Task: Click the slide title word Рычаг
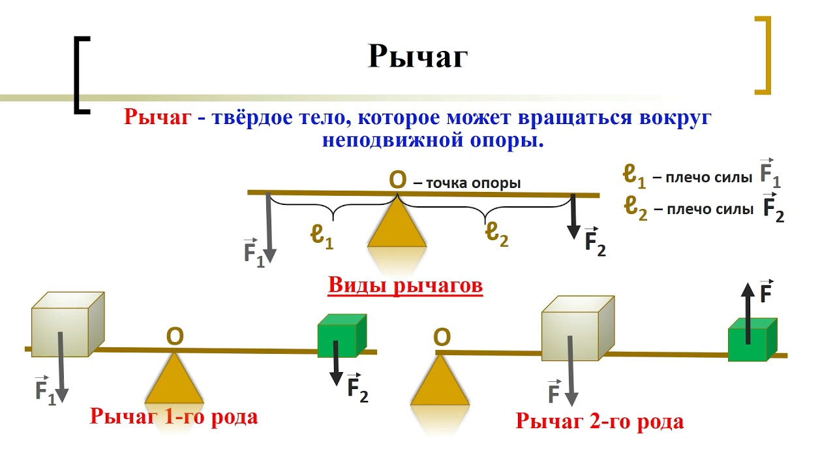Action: (417, 56)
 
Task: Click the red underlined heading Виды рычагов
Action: (405, 286)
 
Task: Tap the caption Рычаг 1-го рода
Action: (174, 416)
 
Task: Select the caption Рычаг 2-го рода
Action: (600, 421)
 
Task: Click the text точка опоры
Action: (473, 183)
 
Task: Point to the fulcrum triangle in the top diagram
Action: (397, 226)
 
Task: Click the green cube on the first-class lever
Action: (341, 337)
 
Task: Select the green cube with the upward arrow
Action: (751, 340)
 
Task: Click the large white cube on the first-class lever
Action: (67, 325)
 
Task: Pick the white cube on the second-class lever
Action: (578, 328)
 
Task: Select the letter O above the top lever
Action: (397, 179)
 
